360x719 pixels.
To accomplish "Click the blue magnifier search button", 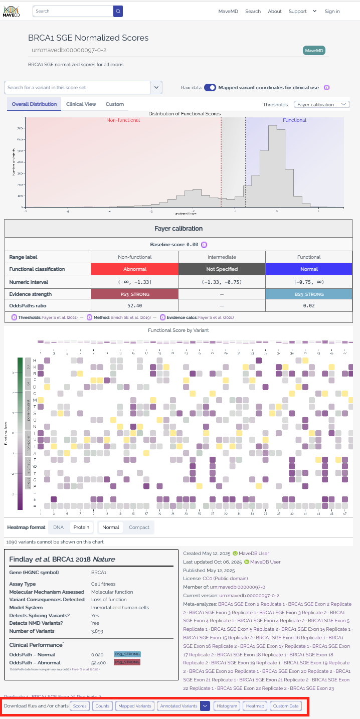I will pos(118,11).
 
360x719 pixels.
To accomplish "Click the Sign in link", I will pos(332,12).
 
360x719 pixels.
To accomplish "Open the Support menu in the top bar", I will pos(302,12).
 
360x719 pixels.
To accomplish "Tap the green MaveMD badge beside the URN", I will pos(314,51).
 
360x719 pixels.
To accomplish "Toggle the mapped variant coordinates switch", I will pos(210,87).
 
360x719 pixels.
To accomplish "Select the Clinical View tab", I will pos(81,104).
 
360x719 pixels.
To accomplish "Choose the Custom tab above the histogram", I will pos(114,104).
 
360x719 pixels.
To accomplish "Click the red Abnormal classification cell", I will pos(134,269).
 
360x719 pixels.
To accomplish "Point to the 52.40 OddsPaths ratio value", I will pos(134,305).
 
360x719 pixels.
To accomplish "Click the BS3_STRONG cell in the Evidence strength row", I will pos(309,294).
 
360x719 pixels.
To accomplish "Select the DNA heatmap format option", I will pos(58,527).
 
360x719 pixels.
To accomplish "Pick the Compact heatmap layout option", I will pos(139,527).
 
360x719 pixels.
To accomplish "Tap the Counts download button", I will pos(102,706).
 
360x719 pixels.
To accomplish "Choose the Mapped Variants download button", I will pos(135,706).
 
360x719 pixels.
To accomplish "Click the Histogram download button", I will pos(227,706).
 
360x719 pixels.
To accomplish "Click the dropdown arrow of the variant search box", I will pos(156,87).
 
